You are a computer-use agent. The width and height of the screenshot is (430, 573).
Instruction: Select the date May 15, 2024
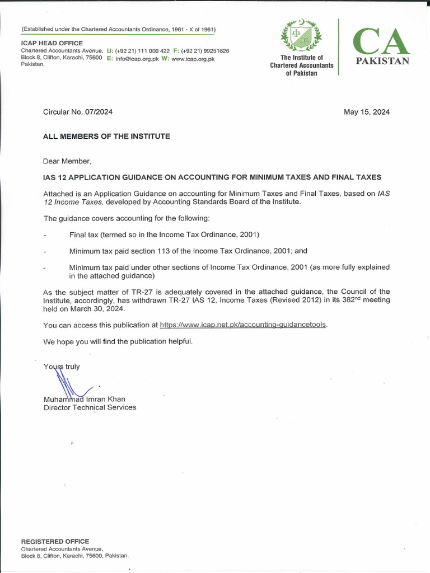tap(367, 112)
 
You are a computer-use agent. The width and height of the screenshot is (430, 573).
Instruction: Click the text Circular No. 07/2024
tap(78, 112)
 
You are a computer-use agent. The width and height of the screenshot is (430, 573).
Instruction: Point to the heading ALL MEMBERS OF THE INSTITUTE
tap(107, 136)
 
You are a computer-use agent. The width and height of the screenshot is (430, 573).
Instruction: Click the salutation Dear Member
tap(67, 161)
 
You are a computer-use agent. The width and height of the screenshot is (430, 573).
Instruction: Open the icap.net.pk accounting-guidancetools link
tap(243, 325)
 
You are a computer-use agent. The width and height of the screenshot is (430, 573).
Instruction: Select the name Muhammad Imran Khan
tap(85, 399)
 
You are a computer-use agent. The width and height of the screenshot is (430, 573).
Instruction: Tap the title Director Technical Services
tap(90, 407)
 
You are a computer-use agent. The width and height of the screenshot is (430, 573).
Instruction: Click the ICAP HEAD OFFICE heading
tap(52, 43)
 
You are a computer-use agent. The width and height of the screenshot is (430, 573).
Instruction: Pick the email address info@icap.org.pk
tap(137, 58)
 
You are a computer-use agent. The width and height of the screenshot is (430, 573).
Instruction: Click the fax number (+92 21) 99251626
tap(204, 51)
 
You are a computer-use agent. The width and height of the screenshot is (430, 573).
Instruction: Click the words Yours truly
tap(62, 367)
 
